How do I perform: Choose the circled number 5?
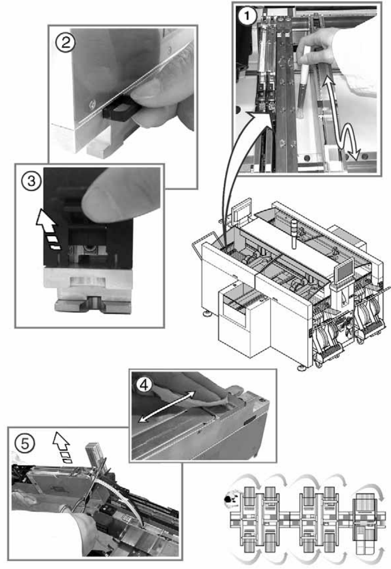click(x=24, y=444)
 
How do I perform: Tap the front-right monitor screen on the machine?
click(x=346, y=270)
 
